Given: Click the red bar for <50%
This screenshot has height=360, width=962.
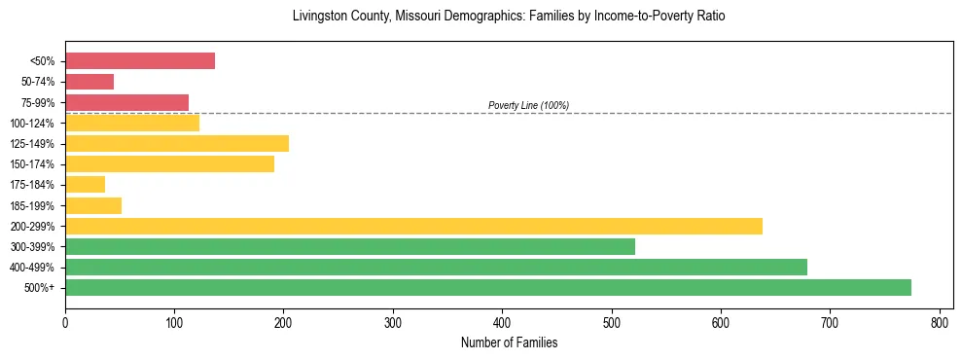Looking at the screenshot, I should tap(140, 61).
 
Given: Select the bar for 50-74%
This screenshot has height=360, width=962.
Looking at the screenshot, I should tap(89, 82).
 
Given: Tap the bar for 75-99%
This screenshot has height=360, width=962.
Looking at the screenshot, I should tap(126, 102).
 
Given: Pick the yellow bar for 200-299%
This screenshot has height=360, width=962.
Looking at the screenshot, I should tap(413, 226).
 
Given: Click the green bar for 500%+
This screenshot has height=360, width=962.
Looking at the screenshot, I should tap(487, 287).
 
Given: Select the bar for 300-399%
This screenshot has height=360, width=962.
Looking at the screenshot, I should tap(350, 246).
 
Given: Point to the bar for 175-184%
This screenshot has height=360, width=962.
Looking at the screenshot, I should tap(86, 184).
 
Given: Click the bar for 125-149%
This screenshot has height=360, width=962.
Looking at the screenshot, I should tap(177, 143).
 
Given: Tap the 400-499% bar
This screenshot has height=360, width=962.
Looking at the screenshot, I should tap(436, 267).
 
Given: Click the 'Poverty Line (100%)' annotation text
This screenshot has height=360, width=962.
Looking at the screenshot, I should tap(528, 105).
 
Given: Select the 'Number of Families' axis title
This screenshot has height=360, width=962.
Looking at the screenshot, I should tap(509, 342).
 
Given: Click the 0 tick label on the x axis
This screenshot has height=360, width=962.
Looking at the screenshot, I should tap(65, 322).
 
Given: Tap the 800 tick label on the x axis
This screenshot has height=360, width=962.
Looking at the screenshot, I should tap(939, 322).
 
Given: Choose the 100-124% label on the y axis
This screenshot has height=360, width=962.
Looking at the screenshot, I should tap(32, 124).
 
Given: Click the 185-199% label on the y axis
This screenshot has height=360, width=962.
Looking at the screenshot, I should tap(32, 205).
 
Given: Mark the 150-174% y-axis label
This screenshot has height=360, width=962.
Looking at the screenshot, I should tap(32, 164).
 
